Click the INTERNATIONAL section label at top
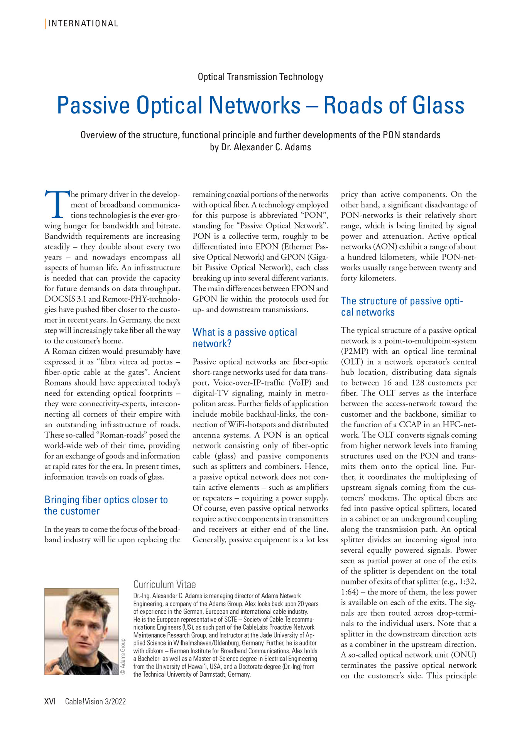click(x=83, y=24)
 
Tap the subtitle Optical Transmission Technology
click(x=260, y=77)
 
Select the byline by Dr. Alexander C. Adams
click(x=260, y=147)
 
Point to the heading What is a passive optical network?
click(x=245, y=338)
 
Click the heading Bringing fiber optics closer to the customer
click(x=106, y=505)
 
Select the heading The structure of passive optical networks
click(x=402, y=306)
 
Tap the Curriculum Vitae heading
click(x=164, y=584)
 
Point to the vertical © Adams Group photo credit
click(x=123, y=656)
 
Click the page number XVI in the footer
click(x=50, y=701)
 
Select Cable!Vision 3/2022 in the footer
click(x=95, y=701)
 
